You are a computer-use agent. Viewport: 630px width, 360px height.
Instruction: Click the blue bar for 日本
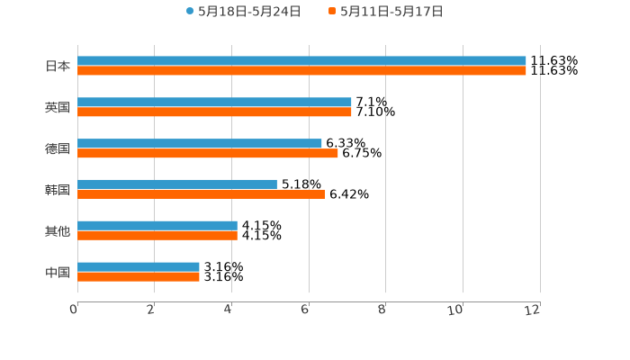pyautogui.click(x=301, y=61)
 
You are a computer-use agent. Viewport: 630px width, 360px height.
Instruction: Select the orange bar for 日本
pyautogui.click(x=301, y=70)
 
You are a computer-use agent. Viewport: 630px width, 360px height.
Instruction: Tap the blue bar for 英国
pyautogui.click(x=214, y=103)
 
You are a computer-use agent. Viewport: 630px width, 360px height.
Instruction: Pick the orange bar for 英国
pyautogui.click(x=214, y=112)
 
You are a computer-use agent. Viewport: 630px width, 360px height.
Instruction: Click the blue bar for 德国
pyautogui.click(x=200, y=144)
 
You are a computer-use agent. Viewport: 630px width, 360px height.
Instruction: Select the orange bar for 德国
pyautogui.click(x=208, y=153)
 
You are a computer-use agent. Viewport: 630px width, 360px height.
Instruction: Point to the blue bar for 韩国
pyautogui.click(x=177, y=184)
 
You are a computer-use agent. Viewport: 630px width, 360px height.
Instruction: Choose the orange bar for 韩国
pyautogui.click(x=201, y=193)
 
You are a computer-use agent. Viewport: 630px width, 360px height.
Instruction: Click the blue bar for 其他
pyautogui.click(x=157, y=226)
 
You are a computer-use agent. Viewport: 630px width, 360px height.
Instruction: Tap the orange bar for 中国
pyautogui.click(x=139, y=276)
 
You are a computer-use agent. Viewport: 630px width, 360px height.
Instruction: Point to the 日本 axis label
pyautogui.click(x=58, y=66)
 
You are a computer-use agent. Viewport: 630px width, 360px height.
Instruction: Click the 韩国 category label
pyautogui.click(x=58, y=190)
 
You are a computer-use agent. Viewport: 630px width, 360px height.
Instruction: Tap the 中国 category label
pyautogui.click(x=58, y=272)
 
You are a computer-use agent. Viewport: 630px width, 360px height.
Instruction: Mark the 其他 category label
pyautogui.click(x=58, y=231)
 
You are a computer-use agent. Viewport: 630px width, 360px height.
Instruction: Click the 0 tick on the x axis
pyautogui.click(x=74, y=310)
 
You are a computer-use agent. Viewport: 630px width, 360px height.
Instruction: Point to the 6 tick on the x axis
pyautogui.click(x=305, y=310)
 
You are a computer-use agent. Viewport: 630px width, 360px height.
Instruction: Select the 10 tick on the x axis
pyautogui.click(x=456, y=310)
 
